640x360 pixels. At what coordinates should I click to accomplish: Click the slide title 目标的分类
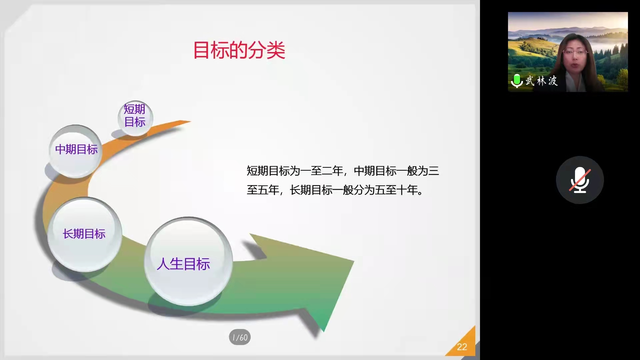point(239,50)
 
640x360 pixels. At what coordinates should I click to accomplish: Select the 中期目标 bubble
point(76,151)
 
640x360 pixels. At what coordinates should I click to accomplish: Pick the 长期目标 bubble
point(85,234)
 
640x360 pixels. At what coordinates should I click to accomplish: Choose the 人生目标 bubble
point(188,261)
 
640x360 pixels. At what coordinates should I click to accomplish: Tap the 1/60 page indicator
point(240,337)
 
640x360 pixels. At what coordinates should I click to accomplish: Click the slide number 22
point(462,347)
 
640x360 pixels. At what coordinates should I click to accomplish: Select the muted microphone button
point(580,180)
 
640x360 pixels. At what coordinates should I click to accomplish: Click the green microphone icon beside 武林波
point(517,81)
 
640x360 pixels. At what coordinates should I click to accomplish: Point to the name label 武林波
point(541,81)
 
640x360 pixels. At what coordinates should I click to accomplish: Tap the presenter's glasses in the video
point(575,52)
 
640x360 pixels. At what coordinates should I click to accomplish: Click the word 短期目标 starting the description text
point(268,171)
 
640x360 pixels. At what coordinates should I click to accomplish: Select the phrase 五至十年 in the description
point(396,190)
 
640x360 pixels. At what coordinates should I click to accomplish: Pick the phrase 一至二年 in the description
point(322,171)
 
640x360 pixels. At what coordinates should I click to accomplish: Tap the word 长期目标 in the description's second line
point(311,190)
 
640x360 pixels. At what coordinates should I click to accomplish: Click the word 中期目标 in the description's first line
point(375,171)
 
